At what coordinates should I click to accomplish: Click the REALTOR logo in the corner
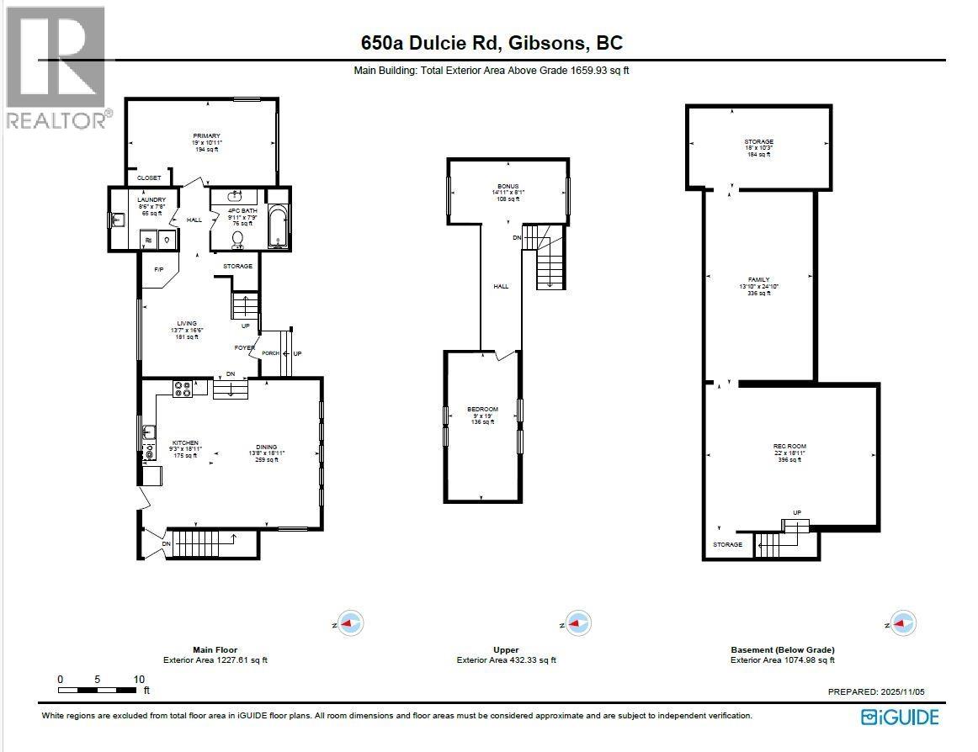56,67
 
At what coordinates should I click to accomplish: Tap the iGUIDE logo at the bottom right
899,717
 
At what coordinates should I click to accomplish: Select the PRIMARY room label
206,136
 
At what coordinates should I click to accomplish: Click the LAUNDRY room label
130,200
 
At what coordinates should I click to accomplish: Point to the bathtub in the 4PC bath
278,226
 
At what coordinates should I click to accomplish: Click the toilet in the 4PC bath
237,241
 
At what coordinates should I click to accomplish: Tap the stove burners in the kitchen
183,388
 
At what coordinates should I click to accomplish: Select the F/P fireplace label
157,269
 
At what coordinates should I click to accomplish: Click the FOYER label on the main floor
245,347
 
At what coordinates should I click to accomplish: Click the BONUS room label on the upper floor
508,186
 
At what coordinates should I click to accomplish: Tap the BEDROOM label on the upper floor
482,410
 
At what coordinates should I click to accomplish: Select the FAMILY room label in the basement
759,280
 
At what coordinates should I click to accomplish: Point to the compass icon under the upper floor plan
577,623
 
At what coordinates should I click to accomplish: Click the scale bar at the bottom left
97,690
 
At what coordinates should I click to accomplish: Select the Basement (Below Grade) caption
782,649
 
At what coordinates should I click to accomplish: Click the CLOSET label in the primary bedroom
149,178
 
